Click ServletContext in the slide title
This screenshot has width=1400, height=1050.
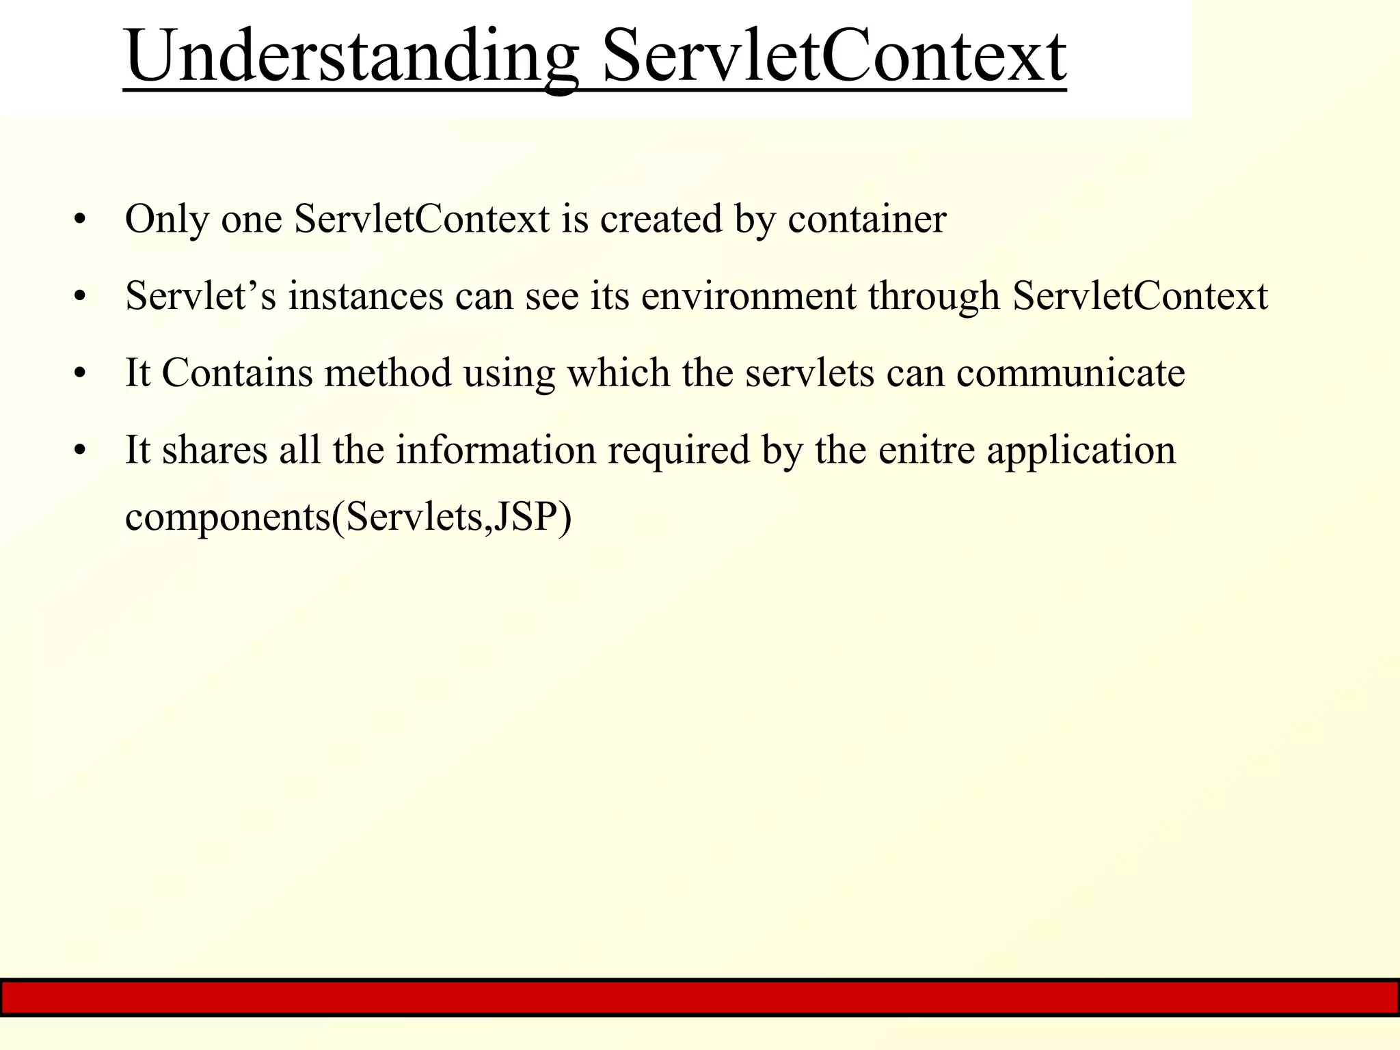pos(834,56)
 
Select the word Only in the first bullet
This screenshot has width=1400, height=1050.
pos(167,220)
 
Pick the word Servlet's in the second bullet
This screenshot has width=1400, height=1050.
pos(200,297)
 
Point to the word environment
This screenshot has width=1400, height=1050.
pos(749,297)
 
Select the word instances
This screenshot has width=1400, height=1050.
pos(366,297)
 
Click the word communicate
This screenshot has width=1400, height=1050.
pos(1071,373)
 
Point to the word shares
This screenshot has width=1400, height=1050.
pos(214,450)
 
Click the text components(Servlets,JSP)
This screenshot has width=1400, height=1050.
pos(348,517)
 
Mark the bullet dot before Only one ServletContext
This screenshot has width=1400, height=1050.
pos(81,221)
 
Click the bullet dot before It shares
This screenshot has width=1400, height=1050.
pos(81,451)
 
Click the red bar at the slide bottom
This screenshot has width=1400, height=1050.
pos(700,998)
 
